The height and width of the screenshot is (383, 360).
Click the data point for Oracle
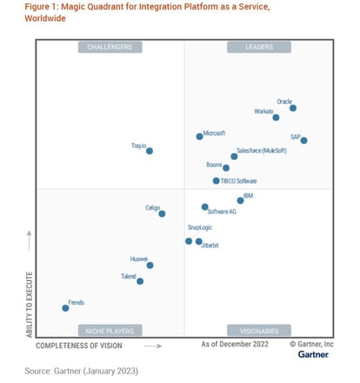(293, 108)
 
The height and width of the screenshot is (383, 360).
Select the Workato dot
(276, 118)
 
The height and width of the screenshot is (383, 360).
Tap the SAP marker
(303, 140)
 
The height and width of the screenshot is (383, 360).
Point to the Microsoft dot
(199, 136)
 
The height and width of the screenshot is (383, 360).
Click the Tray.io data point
(150, 151)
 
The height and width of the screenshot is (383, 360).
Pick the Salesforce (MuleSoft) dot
(234, 157)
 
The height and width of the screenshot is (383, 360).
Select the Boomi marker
(226, 168)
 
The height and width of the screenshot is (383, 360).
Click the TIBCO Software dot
(216, 181)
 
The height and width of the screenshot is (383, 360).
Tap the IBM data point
(240, 201)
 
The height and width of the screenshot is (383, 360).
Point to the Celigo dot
(162, 213)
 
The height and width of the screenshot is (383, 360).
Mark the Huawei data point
(150, 265)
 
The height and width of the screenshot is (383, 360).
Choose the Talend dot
(140, 281)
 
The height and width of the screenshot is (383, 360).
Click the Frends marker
(65, 307)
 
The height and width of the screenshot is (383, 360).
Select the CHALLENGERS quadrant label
(110, 47)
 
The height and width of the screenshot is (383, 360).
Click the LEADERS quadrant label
(258, 47)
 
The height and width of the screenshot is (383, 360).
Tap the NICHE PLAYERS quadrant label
(110, 331)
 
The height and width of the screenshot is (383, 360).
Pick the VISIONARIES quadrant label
(258, 331)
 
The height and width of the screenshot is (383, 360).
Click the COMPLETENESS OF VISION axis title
(79, 346)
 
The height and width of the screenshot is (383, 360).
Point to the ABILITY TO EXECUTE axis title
(30, 305)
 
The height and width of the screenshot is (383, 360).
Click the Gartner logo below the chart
(313, 354)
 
